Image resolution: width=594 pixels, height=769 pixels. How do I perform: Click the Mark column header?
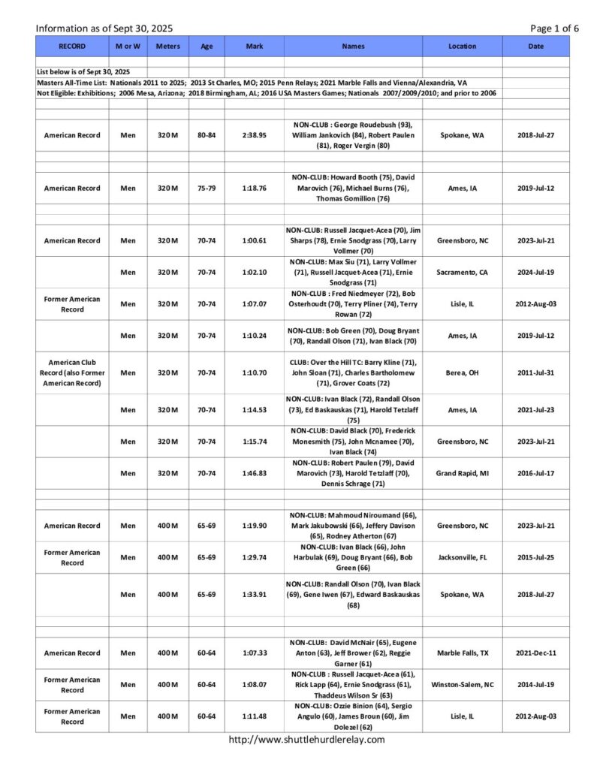(254, 46)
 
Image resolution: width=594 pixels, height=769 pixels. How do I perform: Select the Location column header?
(462, 46)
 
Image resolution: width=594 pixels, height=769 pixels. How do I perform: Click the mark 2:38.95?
(254, 135)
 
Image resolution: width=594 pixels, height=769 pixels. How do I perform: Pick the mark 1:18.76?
(254, 188)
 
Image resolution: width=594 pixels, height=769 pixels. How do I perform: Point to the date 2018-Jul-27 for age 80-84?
(536, 135)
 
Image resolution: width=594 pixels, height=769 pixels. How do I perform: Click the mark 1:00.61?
(254, 240)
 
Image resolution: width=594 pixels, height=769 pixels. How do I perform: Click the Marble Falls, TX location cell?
(462, 653)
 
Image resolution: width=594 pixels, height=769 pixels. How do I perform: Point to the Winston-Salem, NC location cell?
(462, 685)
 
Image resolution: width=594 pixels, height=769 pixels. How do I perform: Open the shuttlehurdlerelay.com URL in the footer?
(306, 740)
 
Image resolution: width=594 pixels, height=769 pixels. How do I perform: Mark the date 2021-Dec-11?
(536, 653)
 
